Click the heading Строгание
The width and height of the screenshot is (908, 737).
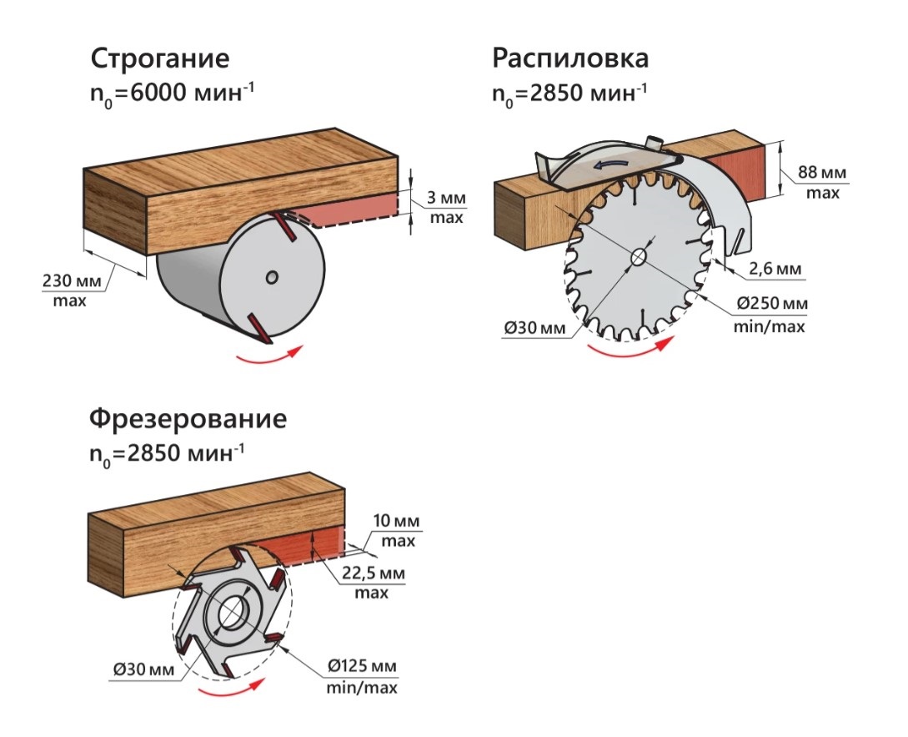160,59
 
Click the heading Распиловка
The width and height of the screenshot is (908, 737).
570,58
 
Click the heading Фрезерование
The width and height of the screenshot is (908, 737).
188,418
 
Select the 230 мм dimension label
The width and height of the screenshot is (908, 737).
71,281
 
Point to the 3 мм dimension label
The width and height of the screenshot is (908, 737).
446,198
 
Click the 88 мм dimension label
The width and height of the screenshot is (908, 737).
822,172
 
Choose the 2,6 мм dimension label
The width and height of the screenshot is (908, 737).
775,269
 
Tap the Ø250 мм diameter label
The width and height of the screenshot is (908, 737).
772,303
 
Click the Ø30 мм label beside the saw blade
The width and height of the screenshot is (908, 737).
534,328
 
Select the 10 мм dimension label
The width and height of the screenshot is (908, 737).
397,521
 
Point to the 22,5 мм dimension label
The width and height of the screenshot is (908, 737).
373,573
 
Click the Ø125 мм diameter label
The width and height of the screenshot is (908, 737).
363,666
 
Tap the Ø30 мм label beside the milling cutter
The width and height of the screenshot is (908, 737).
143,669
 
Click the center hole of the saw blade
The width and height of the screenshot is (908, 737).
640,256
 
